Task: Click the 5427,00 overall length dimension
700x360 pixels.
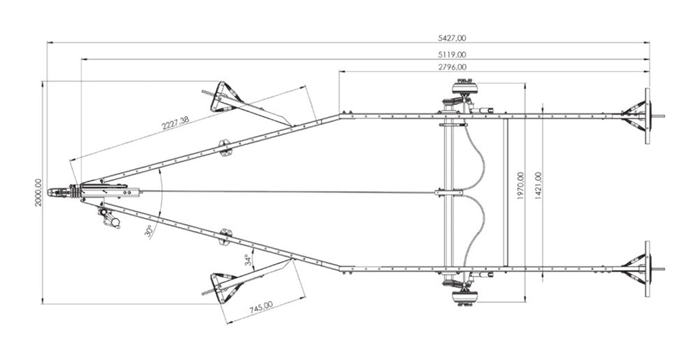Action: (x=451, y=39)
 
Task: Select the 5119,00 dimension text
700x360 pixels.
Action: (x=452, y=55)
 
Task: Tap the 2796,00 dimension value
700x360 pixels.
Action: (x=452, y=67)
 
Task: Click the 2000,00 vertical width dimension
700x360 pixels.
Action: (x=38, y=193)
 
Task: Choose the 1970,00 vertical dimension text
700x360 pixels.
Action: (x=521, y=186)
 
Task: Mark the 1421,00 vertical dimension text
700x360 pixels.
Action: (x=538, y=186)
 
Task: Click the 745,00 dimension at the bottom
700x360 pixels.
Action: (x=261, y=307)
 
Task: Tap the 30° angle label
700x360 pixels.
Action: (x=149, y=232)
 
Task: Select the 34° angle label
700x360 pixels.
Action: (x=248, y=260)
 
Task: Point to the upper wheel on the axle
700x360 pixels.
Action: (x=465, y=87)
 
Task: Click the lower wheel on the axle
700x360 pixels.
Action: (x=465, y=298)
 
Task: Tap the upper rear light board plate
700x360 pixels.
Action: (x=647, y=116)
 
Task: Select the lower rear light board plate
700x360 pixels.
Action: (x=647, y=269)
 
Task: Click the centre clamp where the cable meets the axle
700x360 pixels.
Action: (x=449, y=193)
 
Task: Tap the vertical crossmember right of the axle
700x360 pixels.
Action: (x=505, y=193)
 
